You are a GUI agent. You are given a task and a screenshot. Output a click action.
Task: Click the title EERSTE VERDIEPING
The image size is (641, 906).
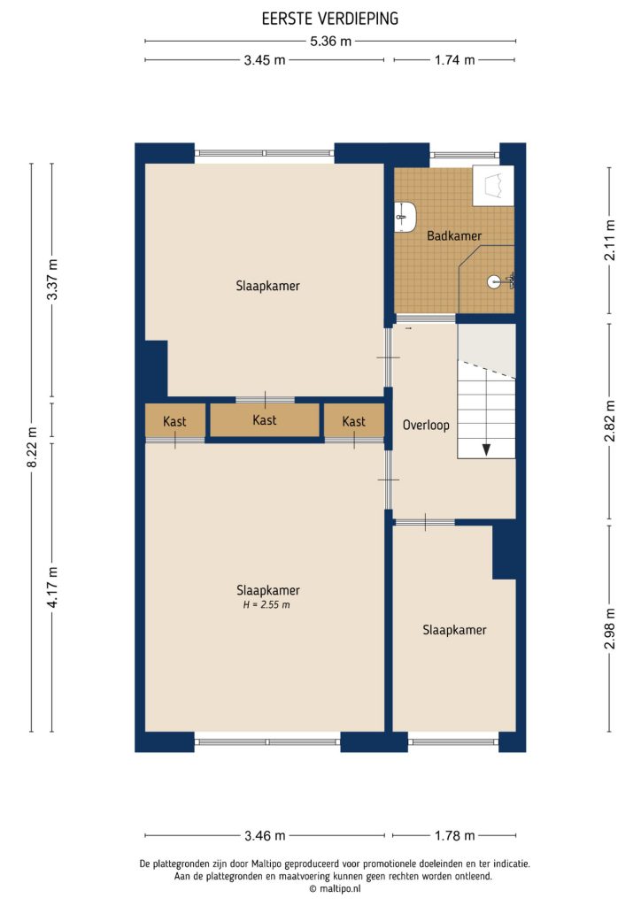pos(329,18)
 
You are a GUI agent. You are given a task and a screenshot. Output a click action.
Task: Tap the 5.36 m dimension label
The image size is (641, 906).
pos(329,41)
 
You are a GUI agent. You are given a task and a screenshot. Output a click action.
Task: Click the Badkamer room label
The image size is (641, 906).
pos(453,236)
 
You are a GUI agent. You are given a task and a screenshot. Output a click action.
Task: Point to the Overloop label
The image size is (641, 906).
pos(425,425)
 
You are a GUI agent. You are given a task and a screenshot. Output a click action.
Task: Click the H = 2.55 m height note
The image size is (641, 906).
pos(266,605)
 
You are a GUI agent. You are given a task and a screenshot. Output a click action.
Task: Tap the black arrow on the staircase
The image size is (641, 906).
pos(486,449)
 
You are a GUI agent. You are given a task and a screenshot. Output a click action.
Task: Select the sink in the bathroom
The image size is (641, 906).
pos(405,216)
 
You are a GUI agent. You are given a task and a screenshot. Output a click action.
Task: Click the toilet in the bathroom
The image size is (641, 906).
pos(492,186)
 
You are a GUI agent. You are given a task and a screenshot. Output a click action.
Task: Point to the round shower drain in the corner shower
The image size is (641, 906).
pos(493,282)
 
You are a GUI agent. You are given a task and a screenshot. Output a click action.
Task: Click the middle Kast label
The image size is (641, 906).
pos(264,420)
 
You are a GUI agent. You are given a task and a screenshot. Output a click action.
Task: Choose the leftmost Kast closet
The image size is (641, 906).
pos(174,422)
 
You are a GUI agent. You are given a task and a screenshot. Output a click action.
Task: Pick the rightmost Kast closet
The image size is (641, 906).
pos(353,422)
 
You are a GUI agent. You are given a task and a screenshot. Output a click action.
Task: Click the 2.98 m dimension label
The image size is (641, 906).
pos(609,627)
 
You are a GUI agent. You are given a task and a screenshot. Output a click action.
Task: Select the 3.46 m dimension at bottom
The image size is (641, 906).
pos(266,835)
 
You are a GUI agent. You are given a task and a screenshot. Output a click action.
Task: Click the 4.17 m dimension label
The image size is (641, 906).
pos(52,587)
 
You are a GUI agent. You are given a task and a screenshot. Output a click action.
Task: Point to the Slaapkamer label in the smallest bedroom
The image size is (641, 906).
pos(454,630)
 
